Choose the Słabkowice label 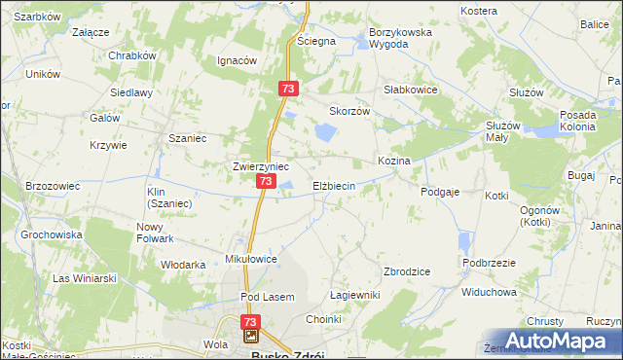[x=410, y=89]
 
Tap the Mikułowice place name [x=252, y=260]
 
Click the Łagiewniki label [x=354, y=295]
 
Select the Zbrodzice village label [x=408, y=271]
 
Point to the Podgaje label [x=440, y=193]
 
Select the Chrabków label [x=132, y=55]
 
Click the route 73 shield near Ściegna [x=287, y=88]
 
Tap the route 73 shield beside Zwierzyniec [x=266, y=181]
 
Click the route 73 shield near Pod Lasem [x=251, y=321]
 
